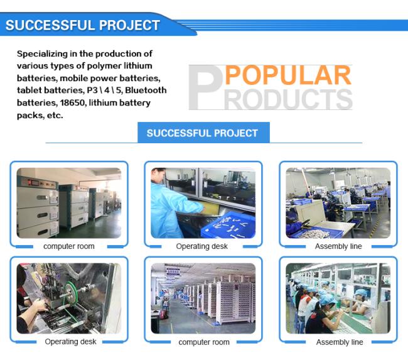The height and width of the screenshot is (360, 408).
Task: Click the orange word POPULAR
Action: [288, 75]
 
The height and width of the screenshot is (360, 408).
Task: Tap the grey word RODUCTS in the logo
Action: [288, 99]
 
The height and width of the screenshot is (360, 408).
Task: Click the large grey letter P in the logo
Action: [205, 87]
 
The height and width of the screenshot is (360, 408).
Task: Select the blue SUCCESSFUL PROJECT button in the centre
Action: [203, 133]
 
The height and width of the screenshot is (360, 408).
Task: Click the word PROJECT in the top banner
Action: [129, 25]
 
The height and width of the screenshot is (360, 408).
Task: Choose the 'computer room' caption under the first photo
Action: [69, 246]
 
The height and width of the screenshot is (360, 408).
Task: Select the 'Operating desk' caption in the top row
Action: [202, 246]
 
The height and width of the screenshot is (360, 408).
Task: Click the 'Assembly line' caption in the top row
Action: [338, 246]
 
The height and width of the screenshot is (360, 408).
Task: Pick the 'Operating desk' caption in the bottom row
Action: [70, 342]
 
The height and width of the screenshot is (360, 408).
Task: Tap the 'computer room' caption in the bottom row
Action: [204, 342]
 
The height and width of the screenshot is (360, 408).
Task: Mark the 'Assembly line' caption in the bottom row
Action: [340, 342]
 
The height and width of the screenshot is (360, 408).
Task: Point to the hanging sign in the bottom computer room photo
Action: [173, 273]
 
